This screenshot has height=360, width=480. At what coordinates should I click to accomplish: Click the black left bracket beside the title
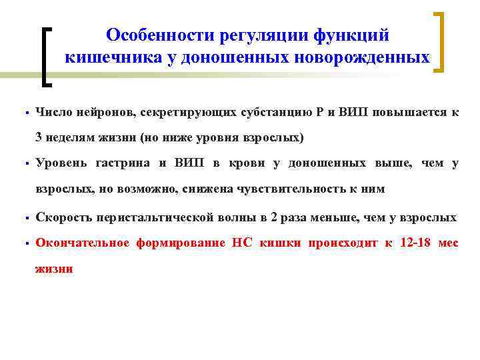(x=47, y=57)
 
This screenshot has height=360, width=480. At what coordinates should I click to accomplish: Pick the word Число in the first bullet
(x=54, y=113)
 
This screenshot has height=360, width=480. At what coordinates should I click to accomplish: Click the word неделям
(x=68, y=138)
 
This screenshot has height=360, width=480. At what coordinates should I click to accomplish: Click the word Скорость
(x=63, y=218)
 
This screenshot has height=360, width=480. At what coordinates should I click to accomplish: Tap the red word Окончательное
(x=82, y=243)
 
